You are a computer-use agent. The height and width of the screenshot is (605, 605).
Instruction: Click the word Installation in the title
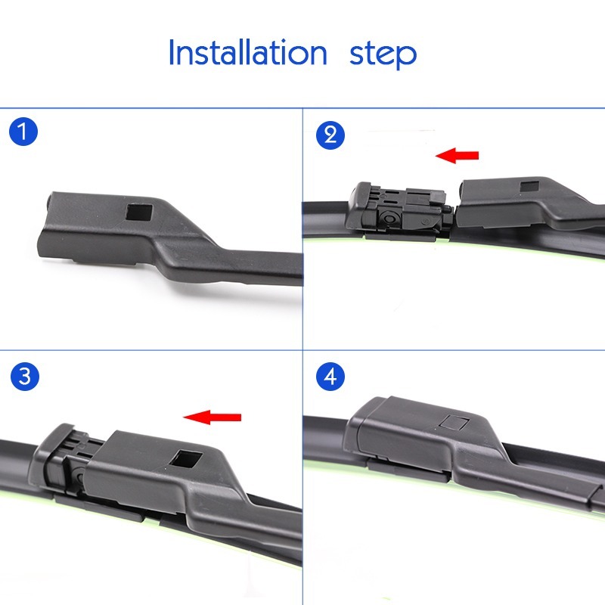[x=248, y=52]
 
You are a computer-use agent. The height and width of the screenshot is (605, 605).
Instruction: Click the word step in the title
[x=383, y=55]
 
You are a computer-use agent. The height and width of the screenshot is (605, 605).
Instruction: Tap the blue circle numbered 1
[x=23, y=132]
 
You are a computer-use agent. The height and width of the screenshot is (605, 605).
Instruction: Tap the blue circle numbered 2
[x=330, y=135]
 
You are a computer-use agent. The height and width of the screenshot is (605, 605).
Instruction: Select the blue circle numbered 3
[x=25, y=376]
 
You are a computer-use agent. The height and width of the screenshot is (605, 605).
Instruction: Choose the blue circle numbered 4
[x=330, y=376]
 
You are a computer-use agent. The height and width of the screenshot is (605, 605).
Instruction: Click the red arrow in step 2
[x=457, y=156]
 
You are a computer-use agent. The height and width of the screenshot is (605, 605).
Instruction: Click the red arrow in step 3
[x=213, y=417]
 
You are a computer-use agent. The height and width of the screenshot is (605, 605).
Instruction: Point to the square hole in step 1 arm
[x=139, y=213]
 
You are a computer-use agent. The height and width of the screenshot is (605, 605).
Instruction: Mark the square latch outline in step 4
[x=455, y=423]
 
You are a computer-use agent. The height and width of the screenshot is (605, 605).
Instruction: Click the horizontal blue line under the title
[x=302, y=108]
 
